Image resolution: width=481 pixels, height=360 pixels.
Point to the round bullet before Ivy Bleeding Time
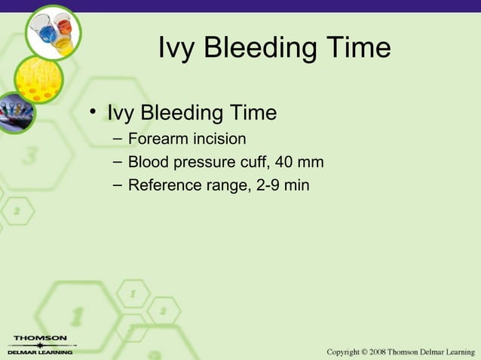pos(93,114)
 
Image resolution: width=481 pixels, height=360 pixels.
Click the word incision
pos(219,139)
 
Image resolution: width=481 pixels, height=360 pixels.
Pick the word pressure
pos(195,162)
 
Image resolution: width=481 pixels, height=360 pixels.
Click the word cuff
pos(243,162)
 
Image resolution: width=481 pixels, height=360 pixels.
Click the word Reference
pos(162,185)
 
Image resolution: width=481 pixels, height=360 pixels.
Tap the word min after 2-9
pos(296,185)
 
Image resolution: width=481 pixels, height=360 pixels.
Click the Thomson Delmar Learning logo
pos(38,344)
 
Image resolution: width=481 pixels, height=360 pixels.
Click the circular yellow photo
pos(38,80)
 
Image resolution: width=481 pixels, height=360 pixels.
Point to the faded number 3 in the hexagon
pos(31,157)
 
